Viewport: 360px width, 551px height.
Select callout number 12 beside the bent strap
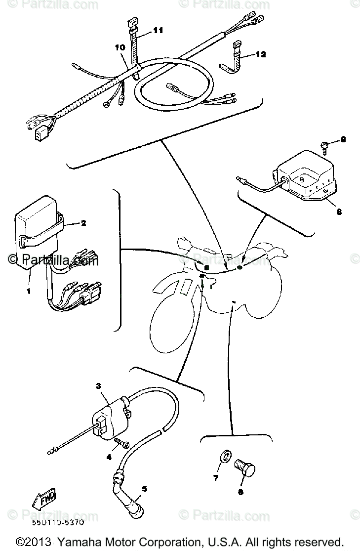click(261, 54)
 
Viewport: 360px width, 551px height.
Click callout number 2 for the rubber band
click(83, 223)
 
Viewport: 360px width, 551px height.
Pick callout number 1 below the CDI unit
click(28, 292)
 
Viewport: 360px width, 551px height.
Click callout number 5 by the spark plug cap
click(144, 489)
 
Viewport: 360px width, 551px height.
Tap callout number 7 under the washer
click(215, 478)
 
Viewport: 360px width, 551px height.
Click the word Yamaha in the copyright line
click(78, 541)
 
